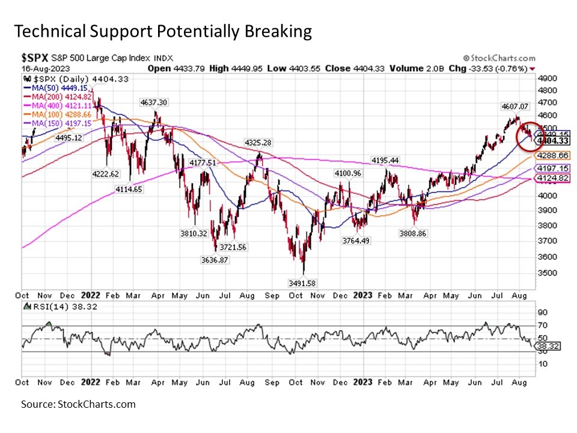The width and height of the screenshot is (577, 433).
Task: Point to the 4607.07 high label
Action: [515, 106]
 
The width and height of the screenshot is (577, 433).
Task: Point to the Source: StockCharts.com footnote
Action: [78, 404]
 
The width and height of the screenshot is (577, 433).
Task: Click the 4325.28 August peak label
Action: [259, 143]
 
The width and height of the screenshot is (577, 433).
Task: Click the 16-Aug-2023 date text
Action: [42, 69]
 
